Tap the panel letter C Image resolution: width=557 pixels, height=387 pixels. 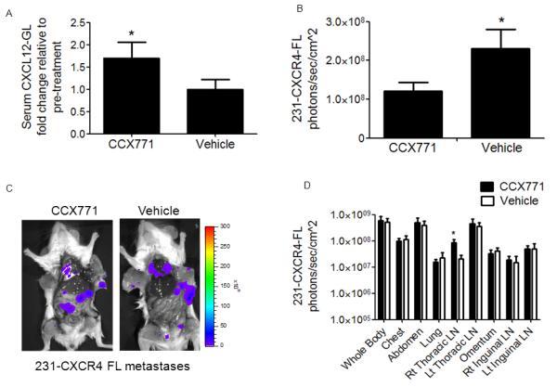click(x=9, y=189)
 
